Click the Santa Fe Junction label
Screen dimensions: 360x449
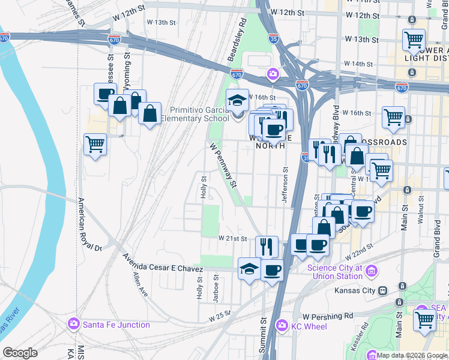pyautogui.click(x=117, y=325)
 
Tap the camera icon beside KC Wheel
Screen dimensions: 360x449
pyautogui.click(x=282, y=325)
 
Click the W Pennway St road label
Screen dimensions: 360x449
pyautogui.click(x=224, y=164)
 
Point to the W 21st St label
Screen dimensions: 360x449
pyautogui.click(x=233, y=238)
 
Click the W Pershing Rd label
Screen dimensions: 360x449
pyautogui.click(x=328, y=316)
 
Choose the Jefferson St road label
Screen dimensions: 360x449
pyautogui.click(x=286, y=188)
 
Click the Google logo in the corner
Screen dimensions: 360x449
pyautogui.click(x=20, y=353)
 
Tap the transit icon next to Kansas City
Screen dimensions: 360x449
pyautogui.click(x=382, y=290)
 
